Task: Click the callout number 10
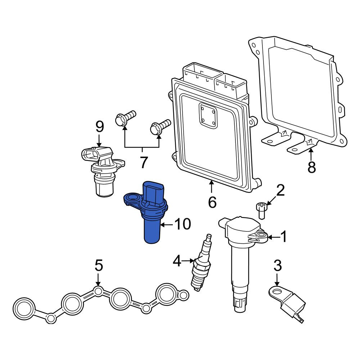[x=183, y=224]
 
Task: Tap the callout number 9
[x=99, y=127]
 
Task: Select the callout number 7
[x=144, y=162]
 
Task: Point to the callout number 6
[x=212, y=202]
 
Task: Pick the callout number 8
[x=311, y=167]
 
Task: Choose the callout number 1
[x=284, y=237]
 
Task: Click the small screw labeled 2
[x=261, y=210]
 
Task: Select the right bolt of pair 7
[x=160, y=127]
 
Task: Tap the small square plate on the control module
[x=208, y=116]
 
